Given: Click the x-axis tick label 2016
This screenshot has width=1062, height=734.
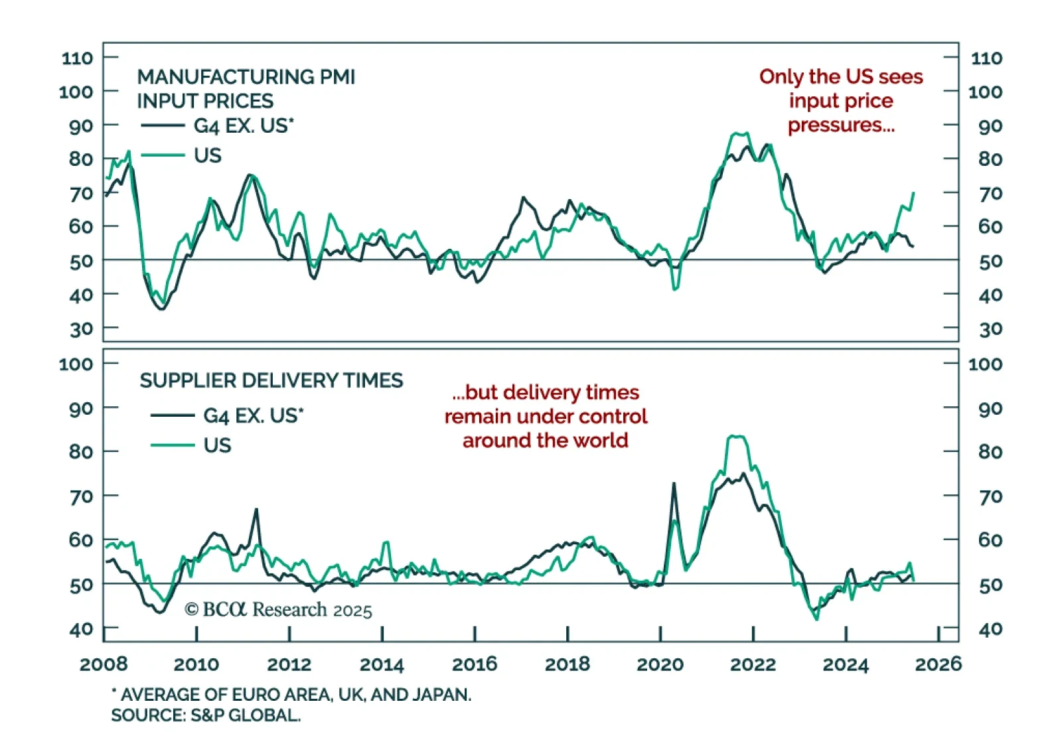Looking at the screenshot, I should point(474,664).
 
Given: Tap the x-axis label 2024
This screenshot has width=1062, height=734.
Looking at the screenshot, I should point(845,664).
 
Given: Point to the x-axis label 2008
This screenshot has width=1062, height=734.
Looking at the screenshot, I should point(104,664).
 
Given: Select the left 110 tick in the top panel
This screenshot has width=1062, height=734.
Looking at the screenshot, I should point(77,58).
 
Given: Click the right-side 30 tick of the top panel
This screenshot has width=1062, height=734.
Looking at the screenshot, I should point(990,329).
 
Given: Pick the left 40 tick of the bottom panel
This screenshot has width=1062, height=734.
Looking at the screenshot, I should point(81,629).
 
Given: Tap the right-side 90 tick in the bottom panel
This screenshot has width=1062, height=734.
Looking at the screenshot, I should point(990,409).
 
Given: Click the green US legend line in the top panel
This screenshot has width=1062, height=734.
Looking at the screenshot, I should point(163,155).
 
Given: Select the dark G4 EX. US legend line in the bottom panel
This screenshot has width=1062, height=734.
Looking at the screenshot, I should point(173,415).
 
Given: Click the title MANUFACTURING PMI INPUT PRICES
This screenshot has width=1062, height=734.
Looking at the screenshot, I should point(246,88).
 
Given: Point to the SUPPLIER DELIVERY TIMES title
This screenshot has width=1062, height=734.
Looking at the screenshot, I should point(271,380).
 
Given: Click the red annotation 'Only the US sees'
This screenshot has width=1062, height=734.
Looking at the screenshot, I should point(841,77).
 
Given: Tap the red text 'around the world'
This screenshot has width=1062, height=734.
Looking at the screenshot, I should point(545,441).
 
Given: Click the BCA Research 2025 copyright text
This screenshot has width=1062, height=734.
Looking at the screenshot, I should point(278,610).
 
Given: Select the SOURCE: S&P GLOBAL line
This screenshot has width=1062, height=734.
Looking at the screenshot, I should point(206,715).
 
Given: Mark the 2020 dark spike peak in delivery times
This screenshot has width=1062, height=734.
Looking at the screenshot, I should point(674,483).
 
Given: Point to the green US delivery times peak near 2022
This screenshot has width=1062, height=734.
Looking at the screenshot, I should point(737,436).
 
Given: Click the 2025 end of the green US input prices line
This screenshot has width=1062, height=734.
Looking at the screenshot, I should point(913,193).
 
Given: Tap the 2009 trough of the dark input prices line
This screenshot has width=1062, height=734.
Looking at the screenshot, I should point(161,309).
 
